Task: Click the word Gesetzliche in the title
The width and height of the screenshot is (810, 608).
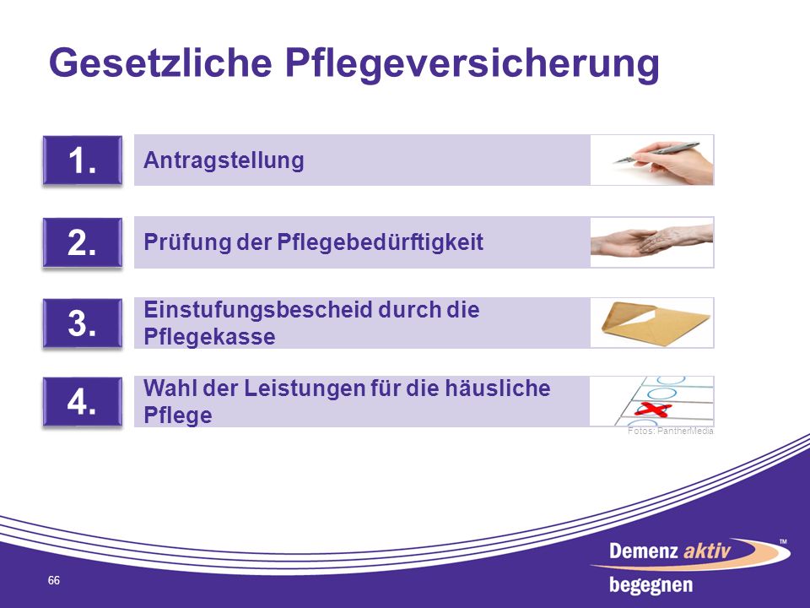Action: pos(160,62)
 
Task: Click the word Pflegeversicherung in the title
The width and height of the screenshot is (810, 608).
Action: pos(472,65)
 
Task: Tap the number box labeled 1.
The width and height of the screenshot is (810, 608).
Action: pos(83,160)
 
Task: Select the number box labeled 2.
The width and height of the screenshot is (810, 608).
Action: pos(83,242)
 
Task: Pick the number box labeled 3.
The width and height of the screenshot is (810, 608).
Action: pos(83,323)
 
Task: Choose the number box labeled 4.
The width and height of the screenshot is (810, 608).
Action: pos(83,402)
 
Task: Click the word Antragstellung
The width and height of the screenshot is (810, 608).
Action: pos(224,160)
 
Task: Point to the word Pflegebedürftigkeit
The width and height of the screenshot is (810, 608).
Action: pos(381,242)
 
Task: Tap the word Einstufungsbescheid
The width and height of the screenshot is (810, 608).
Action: pos(258,310)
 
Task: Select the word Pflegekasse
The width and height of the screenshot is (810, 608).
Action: pos(209,337)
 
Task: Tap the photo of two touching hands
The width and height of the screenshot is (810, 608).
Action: pos(652,242)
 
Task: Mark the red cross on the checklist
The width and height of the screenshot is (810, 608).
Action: pos(652,410)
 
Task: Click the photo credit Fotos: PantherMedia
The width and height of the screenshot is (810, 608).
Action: pos(671,432)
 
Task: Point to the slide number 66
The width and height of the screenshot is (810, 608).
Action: pos(54,581)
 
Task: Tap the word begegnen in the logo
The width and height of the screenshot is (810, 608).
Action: pos(651,585)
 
